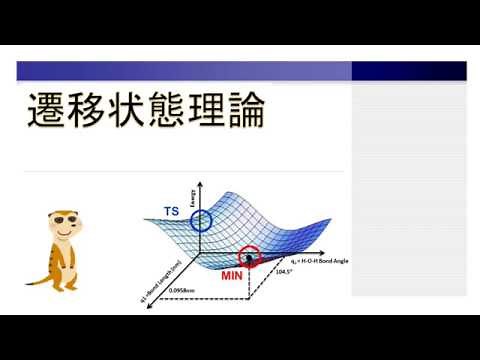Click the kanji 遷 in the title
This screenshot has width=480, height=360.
click(x=46, y=113)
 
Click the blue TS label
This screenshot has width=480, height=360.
click(x=173, y=211)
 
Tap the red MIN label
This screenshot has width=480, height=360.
click(x=232, y=272)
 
